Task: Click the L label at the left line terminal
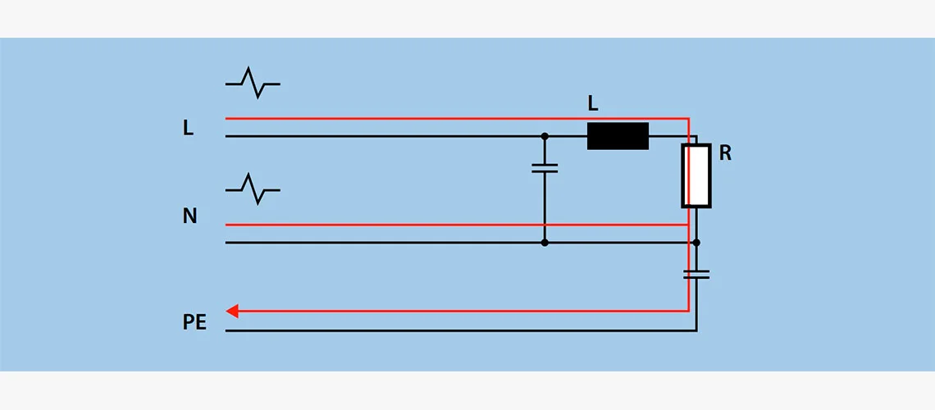coord(189,128)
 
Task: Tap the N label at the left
coord(189,216)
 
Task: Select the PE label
coord(194,322)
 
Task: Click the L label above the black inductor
coord(593,104)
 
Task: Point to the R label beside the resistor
coord(725,154)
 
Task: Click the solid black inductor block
coord(618,136)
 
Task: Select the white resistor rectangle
coord(696,175)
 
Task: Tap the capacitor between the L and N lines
coord(545,168)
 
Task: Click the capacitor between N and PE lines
coord(696,274)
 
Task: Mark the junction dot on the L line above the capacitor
coord(545,136)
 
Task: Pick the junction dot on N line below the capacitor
coord(545,243)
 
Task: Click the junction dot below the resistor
coord(696,243)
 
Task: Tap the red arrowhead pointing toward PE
coord(232,311)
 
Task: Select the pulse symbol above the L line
coord(253,83)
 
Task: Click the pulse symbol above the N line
coord(253,189)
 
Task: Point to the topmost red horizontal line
coord(458,119)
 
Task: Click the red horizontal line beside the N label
coord(458,225)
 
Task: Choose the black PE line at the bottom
coord(461,330)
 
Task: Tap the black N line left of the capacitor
coord(385,243)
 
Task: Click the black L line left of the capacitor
coord(385,136)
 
